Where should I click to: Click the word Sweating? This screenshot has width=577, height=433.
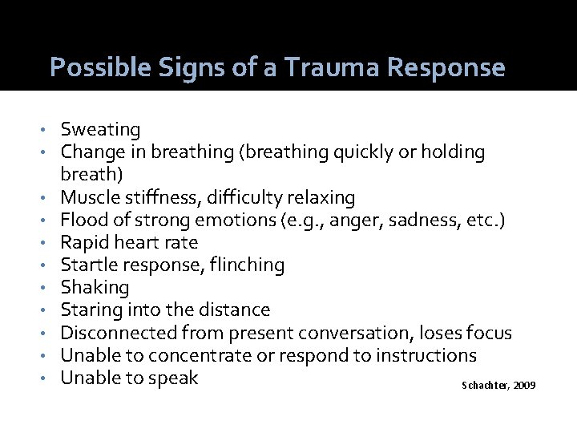100,130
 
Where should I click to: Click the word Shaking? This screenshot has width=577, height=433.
95,287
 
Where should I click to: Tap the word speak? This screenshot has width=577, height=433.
173,377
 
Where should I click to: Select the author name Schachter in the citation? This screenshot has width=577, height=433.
482,386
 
